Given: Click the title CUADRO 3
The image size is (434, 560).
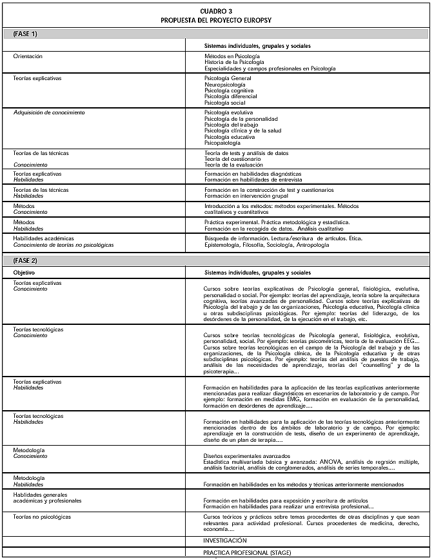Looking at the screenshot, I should point(217,12).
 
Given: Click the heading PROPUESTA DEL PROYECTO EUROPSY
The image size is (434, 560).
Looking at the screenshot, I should point(217,20).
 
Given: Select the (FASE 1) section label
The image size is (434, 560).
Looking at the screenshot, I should point(26,33).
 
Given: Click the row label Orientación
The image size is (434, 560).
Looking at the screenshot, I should point(28,56).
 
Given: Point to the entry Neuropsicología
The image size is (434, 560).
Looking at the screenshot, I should point(225,85).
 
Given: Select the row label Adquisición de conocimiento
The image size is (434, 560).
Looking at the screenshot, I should point(49,112).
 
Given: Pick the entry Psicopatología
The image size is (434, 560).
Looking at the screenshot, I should point(222,142).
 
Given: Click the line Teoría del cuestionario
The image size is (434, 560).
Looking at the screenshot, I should point(233,159).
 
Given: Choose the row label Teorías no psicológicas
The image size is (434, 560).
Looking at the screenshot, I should point(42,517).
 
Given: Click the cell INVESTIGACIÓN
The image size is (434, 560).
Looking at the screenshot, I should point(225,540).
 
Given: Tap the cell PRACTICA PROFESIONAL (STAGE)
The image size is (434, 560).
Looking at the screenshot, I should point(247,552).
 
